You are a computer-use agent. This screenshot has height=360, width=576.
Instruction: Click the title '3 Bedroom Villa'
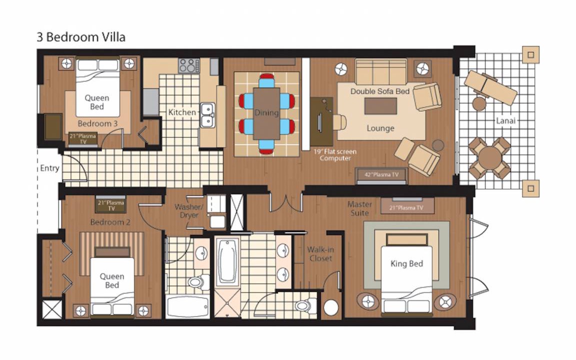coord(81,37)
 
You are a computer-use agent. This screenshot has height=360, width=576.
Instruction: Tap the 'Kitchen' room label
coord(182,112)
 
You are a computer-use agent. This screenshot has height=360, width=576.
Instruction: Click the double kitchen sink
coord(207,115)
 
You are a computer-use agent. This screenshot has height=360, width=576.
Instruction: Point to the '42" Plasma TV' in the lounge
coord(381,174)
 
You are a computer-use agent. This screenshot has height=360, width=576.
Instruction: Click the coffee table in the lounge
coord(380,106)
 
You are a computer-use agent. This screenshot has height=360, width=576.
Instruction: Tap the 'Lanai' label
coord(505,120)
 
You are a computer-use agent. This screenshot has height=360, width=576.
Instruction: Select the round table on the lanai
coord(490,158)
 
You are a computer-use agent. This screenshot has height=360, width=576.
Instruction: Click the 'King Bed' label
coord(406,264)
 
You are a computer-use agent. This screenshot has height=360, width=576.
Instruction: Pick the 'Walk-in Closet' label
coord(320,254)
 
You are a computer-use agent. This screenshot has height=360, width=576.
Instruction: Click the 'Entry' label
coord(49,168)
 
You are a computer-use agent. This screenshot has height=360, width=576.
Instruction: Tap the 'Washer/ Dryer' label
coord(188,211)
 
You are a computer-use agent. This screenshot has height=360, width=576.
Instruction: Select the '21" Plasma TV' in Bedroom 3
coord(83,138)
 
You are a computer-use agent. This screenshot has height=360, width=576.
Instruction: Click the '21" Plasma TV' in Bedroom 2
coord(111,205)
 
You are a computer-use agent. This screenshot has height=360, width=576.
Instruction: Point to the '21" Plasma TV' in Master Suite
coord(407,207)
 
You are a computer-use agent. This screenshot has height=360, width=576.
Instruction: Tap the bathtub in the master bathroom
coord(227,261)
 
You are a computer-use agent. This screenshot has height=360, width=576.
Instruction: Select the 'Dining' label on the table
coord(266,113)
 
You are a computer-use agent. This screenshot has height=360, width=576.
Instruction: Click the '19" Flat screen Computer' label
coord(334,154)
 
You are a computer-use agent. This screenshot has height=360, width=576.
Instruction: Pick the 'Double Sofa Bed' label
coord(380,91)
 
